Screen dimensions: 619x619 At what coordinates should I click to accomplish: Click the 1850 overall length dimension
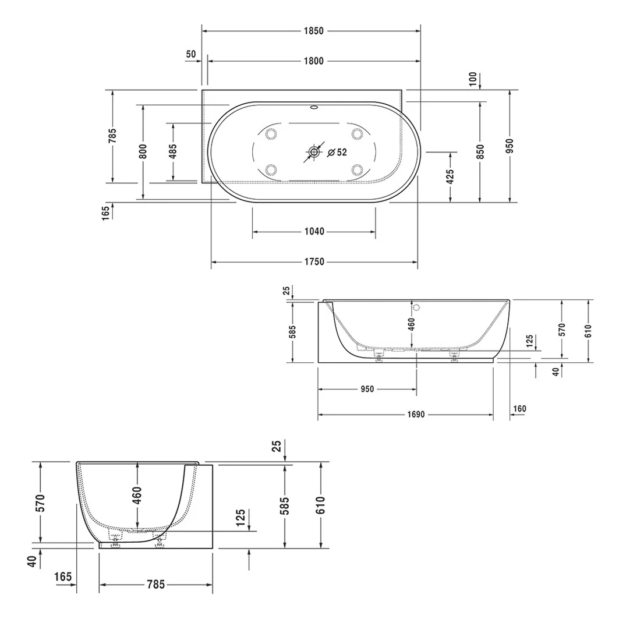point(313,31)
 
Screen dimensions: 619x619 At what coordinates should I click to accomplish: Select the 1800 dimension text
point(313,61)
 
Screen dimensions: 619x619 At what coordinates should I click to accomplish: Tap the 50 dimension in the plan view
point(191,54)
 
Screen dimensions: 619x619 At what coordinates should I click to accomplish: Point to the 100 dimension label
point(472,77)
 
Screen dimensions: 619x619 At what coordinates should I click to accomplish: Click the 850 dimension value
point(480,152)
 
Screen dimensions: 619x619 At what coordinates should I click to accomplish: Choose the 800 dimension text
point(143,151)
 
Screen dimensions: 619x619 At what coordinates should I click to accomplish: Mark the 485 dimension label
point(173,151)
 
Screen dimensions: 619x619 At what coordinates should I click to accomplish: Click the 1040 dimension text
point(314,232)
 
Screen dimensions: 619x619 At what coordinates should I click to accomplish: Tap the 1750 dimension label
point(314,262)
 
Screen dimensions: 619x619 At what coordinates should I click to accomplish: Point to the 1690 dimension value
point(415,415)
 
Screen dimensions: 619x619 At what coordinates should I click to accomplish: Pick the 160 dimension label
point(519,409)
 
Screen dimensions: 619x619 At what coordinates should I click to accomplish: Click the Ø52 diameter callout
point(337,153)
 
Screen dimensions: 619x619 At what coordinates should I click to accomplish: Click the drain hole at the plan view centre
point(314,152)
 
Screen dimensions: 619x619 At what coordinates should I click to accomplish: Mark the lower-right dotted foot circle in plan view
point(357,170)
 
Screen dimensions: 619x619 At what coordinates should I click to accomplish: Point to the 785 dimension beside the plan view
point(112,136)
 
